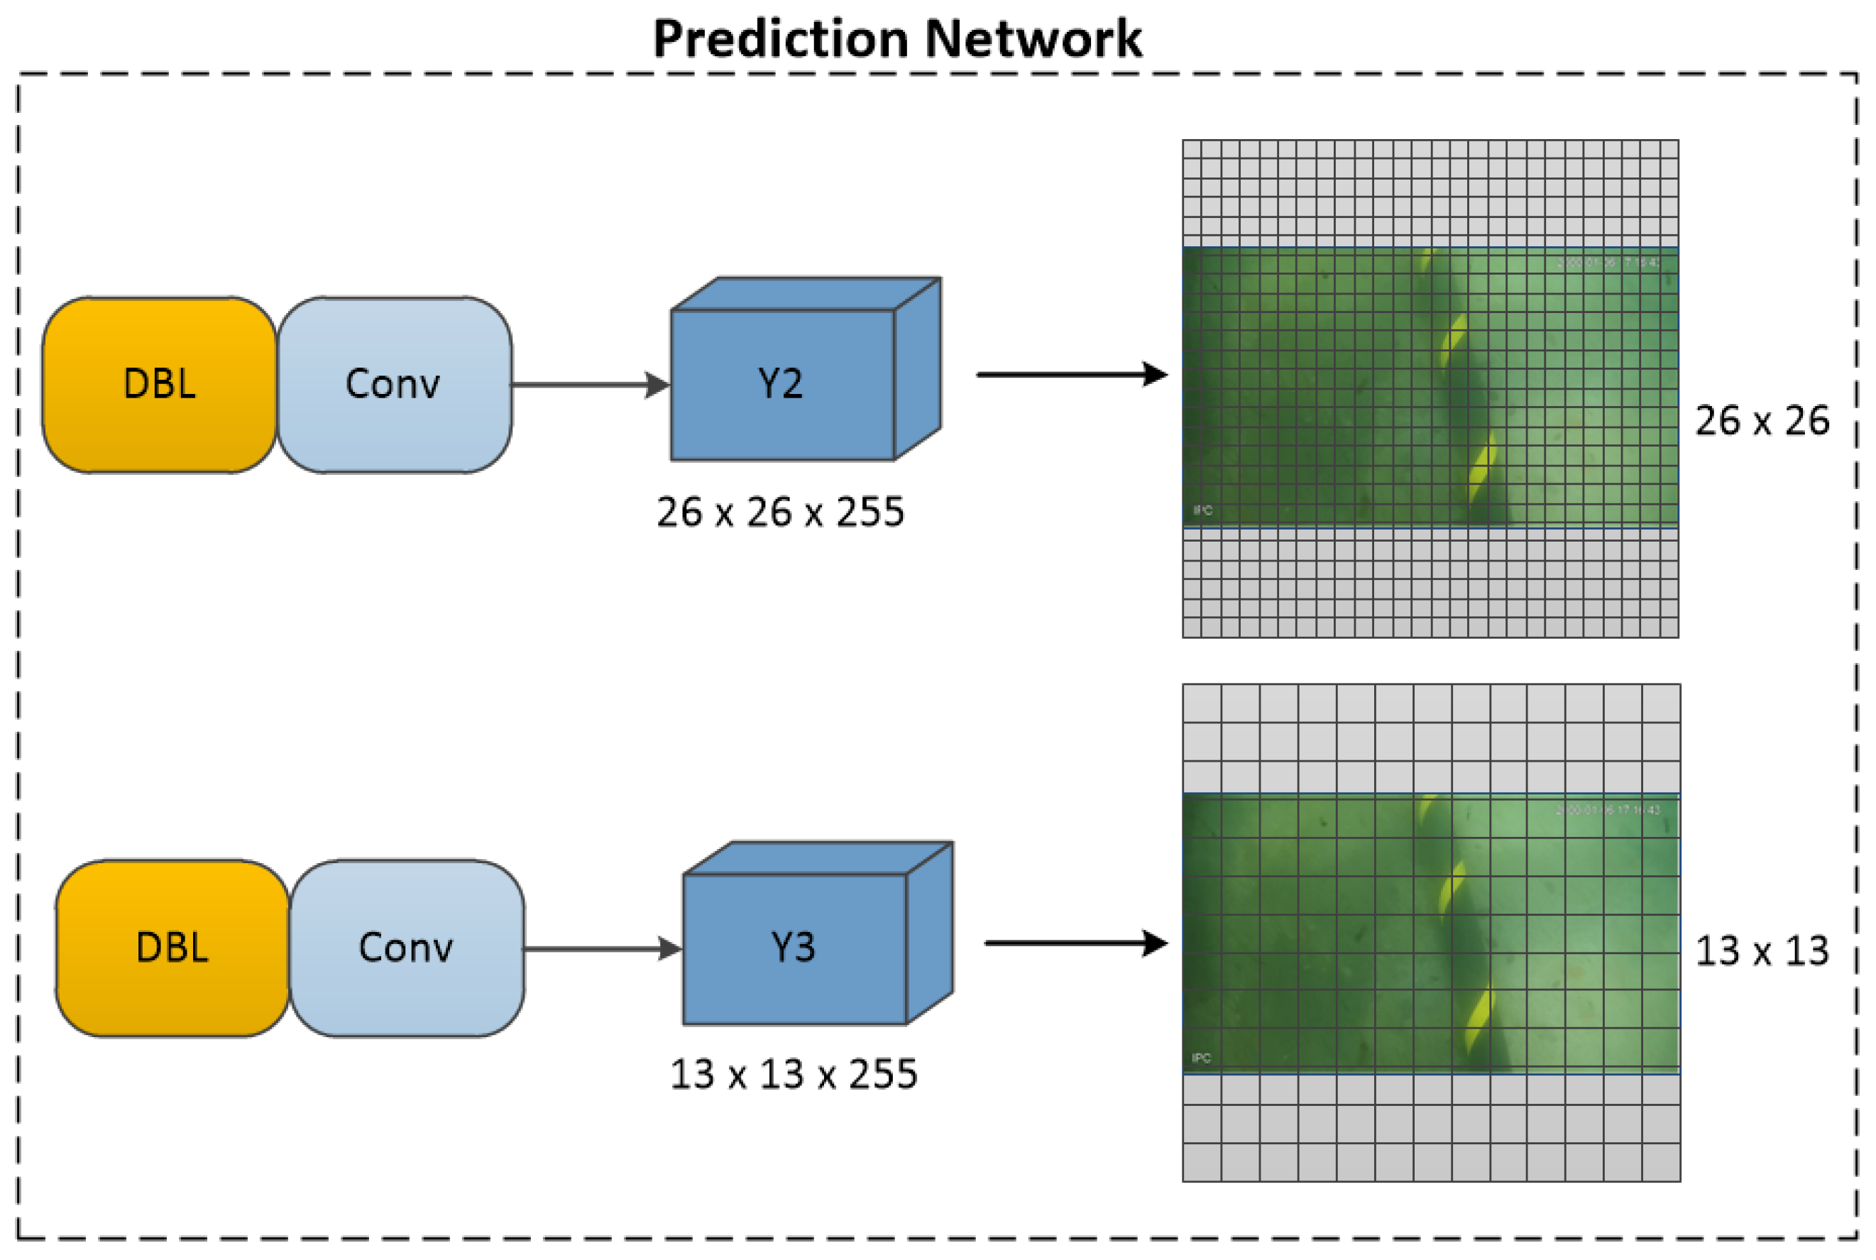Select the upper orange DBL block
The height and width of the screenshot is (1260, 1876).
click(x=159, y=384)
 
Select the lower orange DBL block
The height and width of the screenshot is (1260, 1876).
click(x=172, y=948)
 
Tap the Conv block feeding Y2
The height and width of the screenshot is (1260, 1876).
click(x=394, y=384)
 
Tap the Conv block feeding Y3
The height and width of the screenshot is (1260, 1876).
click(x=407, y=948)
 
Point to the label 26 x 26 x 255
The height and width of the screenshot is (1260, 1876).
click(x=780, y=512)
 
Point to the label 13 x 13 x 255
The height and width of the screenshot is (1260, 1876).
click(x=793, y=1075)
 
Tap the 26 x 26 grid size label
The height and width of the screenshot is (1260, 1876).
click(x=1762, y=420)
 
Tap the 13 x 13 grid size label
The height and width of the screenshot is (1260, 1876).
click(x=1762, y=951)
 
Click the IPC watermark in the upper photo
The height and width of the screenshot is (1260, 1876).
click(x=1202, y=510)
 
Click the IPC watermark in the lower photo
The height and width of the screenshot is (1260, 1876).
click(x=1201, y=1058)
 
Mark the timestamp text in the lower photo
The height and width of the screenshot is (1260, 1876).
click(x=1608, y=810)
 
